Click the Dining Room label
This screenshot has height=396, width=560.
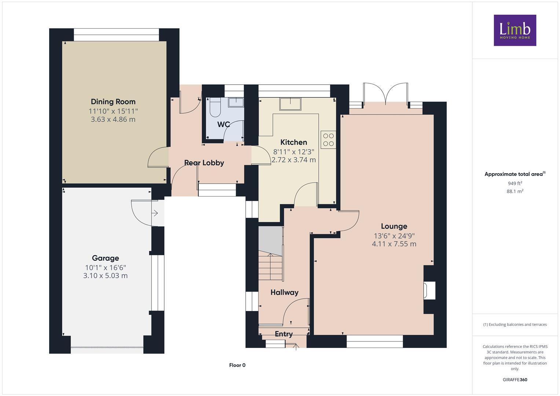(x=113, y=102)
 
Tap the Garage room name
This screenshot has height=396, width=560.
(x=105, y=258)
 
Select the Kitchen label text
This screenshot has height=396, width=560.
(x=293, y=142)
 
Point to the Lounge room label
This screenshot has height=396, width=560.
(x=394, y=226)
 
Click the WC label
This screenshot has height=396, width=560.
(x=223, y=124)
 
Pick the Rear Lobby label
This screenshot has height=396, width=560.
(x=204, y=163)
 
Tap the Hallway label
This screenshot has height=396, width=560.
(x=284, y=292)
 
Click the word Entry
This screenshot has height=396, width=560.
(x=283, y=334)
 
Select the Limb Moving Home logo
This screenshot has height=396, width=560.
(x=515, y=30)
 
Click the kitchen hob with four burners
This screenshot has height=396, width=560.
(x=328, y=140)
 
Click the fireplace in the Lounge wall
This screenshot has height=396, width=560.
(x=429, y=290)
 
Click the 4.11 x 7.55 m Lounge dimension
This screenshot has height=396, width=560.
(x=394, y=244)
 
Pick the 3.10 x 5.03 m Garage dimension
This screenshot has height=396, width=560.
(x=105, y=276)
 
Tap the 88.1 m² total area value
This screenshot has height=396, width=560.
(x=515, y=191)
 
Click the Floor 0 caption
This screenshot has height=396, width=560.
(x=237, y=365)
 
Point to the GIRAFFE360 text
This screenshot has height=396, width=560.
(x=515, y=379)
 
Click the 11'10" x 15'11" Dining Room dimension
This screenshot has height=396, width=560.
(x=113, y=111)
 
